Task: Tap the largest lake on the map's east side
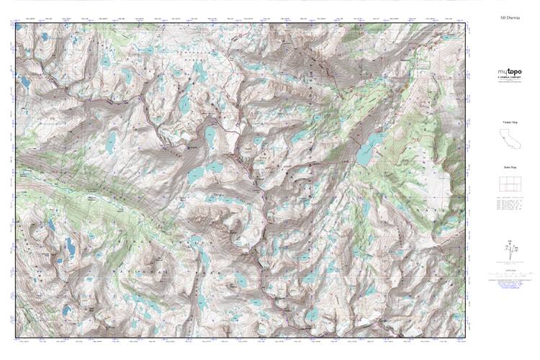[368, 148]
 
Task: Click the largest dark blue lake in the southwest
[70, 248]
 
